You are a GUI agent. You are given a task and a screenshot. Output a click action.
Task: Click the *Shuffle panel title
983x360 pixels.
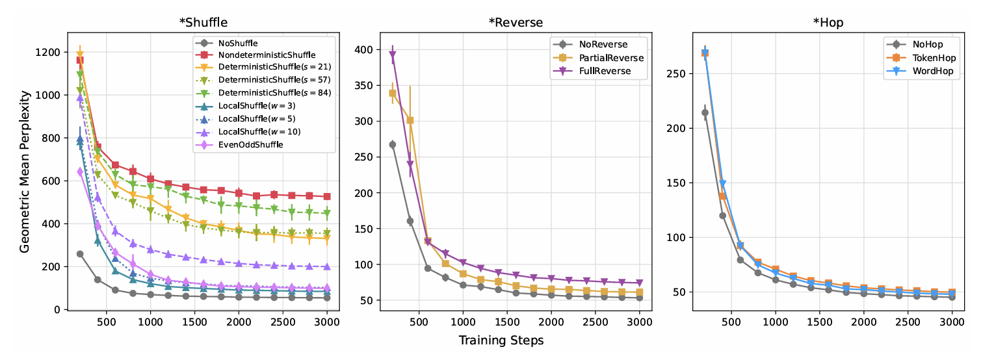pos(203,22)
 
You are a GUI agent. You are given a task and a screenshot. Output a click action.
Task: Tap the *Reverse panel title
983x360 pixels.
pos(516,22)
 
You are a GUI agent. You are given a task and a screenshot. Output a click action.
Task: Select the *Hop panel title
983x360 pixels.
pos(828,22)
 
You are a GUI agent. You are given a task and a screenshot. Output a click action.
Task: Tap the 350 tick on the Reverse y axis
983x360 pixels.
pos(365,86)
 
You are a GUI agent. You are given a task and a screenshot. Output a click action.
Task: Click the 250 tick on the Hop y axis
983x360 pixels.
pos(678,73)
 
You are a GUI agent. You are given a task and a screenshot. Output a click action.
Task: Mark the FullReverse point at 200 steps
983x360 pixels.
pos(393,55)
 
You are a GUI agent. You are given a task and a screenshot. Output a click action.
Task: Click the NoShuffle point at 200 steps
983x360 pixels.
pos(80,254)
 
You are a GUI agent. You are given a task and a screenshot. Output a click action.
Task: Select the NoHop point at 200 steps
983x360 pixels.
pos(705,112)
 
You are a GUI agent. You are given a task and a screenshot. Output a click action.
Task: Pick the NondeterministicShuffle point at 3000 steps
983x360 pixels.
pos(327,196)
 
